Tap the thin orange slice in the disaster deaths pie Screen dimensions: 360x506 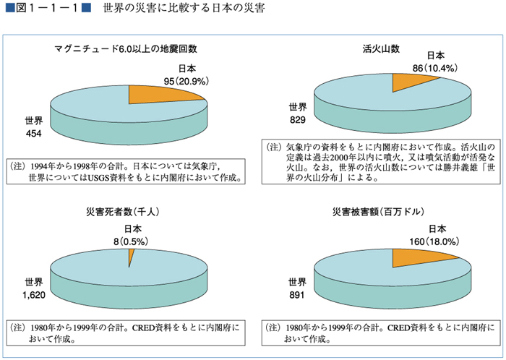point(131,256)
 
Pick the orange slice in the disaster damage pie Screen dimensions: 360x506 point(421,256)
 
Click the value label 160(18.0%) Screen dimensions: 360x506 point(433,241)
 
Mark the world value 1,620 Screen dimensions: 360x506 point(34,294)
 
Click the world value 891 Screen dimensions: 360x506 point(298,294)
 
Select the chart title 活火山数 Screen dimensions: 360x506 point(381,49)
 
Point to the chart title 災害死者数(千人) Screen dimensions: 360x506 point(127,211)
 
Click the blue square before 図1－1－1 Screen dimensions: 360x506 point(8,9)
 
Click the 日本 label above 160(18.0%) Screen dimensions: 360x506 point(434,229)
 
